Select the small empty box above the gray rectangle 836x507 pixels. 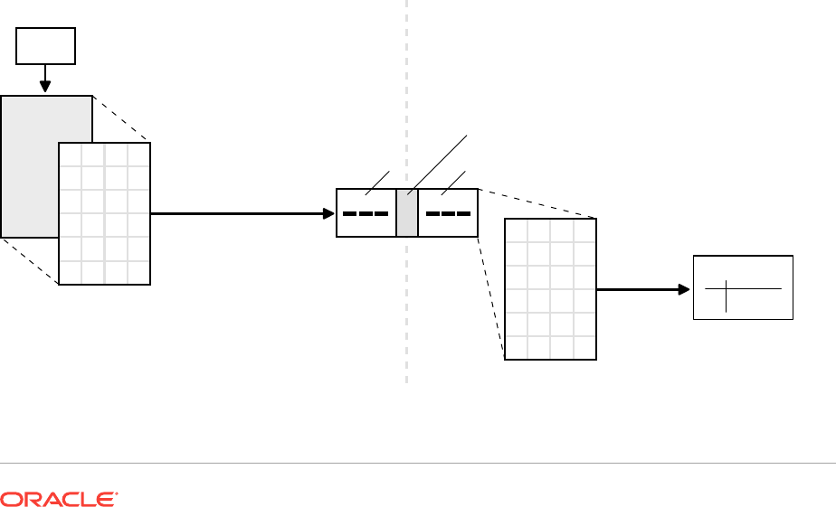(x=45, y=45)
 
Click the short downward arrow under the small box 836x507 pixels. (x=45, y=80)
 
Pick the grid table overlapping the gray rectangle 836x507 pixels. (x=104, y=213)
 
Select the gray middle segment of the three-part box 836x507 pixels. (x=407, y=213)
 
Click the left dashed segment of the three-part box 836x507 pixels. (x=366, y=214)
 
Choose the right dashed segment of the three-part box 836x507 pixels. (x=448, y=214)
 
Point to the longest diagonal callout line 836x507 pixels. (x=439, y=163)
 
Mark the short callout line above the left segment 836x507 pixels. (x=377, y=182)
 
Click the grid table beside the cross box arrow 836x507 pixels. (x=550, y=289)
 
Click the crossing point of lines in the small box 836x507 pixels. (x=726, y=288)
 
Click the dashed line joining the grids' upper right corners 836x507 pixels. (x=121, y=118)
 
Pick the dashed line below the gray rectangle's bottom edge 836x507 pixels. (x=29, y=260)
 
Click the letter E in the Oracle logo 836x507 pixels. (x=108, y=499)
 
